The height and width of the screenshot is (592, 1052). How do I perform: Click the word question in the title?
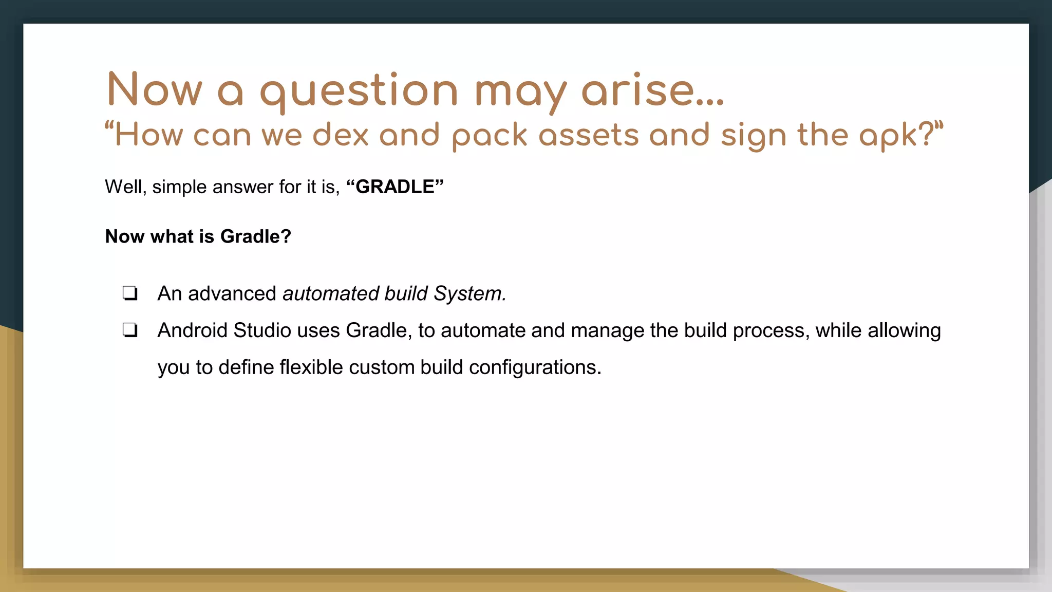pyautogui.click(x=359, y=91)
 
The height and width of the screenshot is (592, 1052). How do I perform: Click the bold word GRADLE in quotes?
pyautogui.click(x=394, y=187)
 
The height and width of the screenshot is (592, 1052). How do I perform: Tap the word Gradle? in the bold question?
pyautogui.click(x=255, y=236)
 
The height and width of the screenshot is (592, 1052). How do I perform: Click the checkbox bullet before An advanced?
pyautogui.click(x=130, y=293)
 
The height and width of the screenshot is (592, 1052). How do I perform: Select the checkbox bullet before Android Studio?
pyautogui.click(x=130, y=330)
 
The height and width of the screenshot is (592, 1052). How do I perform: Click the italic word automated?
pyautogui.click(x=330, y=293)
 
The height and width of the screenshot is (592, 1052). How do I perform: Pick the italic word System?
pyautogui.click(x=469, y=293)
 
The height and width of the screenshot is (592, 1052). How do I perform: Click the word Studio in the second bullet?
pyautogui.click(x=262, y=330)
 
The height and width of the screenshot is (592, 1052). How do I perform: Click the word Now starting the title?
pyautogui.click(x=155, y=90)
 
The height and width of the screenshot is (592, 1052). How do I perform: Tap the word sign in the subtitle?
pyautogui.click(x=753, y=136)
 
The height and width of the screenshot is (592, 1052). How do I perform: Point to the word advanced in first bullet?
pyautogui.click(x=232, y=293)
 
